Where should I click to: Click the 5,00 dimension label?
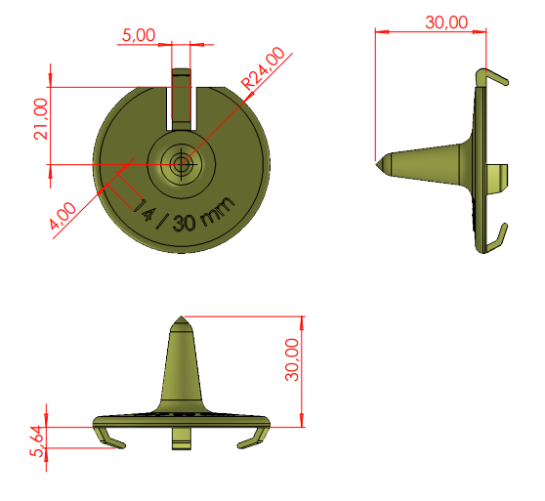pos(139,35)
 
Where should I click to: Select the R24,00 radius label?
pos(263,68)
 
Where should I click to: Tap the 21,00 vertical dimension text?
pos(41,119)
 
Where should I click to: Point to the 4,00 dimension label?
pos(63,216)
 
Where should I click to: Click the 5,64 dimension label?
pos(37,441)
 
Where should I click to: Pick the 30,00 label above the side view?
pos(446,22)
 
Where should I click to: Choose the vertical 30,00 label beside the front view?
pos(292,359)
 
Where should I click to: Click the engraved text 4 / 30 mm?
pos(187,216)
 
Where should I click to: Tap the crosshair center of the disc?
pos(182,164)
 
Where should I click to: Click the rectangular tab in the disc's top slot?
pos(182,99)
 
